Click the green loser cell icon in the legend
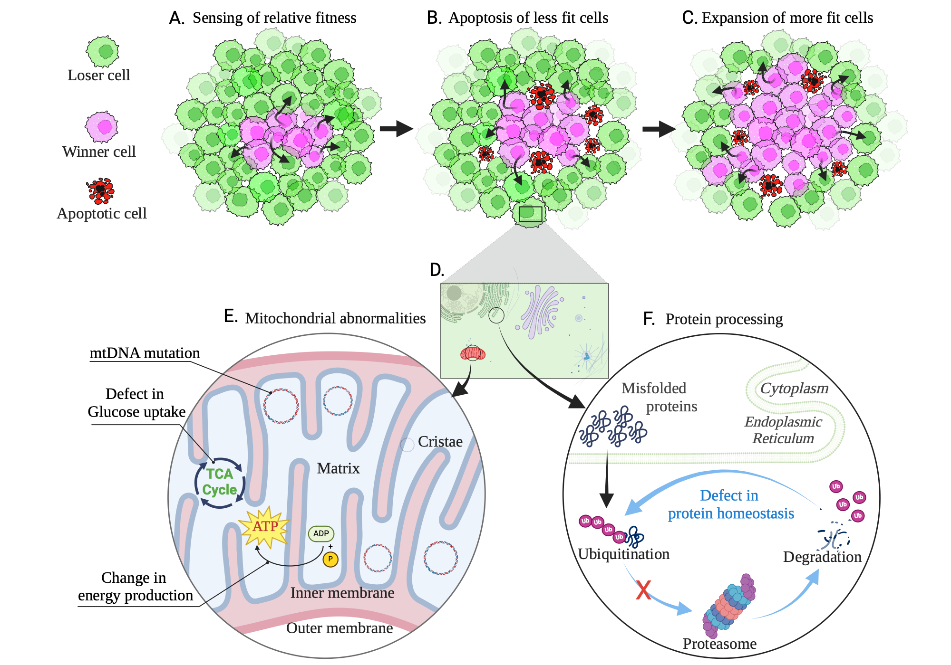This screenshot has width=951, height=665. tap(102, 51)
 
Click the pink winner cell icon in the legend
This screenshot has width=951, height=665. tap(102, 127)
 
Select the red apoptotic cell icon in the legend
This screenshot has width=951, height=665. tap(101, 190)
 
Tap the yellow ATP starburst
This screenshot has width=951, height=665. tap(265, 526)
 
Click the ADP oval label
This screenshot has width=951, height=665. tap(321, 533)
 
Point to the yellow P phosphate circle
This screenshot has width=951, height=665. tap(330, 559)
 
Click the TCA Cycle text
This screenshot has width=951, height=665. tap(219, 482)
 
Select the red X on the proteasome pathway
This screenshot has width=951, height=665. tap(643, 590)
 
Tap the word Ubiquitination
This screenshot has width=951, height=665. tap(623, 554)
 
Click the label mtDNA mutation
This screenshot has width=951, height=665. tap(145, 353)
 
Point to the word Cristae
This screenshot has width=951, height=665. tap(440, 442)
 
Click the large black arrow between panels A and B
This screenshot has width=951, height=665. tap(396, 128)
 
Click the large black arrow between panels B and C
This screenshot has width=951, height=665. tap(659, 128)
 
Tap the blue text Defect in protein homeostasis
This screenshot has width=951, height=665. tap(730, 504)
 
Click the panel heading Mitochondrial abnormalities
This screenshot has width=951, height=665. tap(335, 318)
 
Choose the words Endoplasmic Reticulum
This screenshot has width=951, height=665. tap(783, 430)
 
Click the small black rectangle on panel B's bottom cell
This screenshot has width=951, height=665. tap(530, 214)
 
